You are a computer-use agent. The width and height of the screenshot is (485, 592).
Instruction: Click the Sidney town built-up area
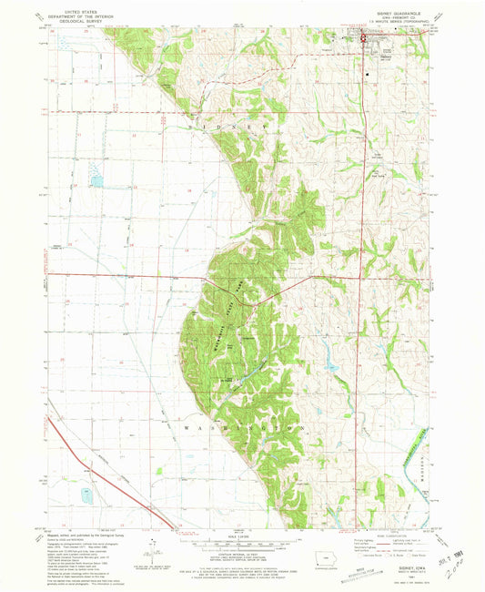click(369, 38)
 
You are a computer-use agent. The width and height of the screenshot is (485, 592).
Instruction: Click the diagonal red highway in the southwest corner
click(100, 474)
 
